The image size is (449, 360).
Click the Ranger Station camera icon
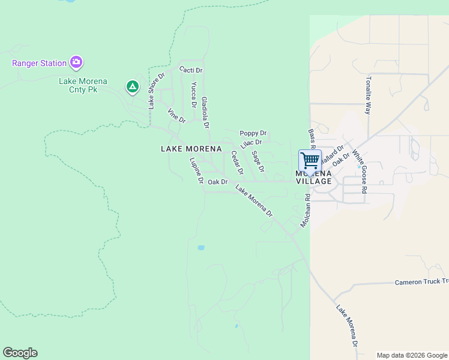pos(76,62)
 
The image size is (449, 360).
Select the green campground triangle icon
pos(133,88)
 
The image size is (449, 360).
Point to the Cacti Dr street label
pos(191,70)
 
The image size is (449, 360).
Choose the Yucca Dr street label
pos(194,94)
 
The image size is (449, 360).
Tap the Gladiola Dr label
pos(205,113)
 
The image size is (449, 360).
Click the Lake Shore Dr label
pos(156,91)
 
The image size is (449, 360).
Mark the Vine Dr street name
pos(176,115)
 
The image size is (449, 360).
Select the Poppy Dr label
pos(253,133)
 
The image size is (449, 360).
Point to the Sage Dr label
pos(258,161)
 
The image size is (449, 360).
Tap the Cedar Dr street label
pos(237,162)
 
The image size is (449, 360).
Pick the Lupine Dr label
pos(197,170)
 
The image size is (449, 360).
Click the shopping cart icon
pos(310,161)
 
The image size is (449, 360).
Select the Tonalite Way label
pos(369,95)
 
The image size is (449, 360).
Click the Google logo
pos(20,353)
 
